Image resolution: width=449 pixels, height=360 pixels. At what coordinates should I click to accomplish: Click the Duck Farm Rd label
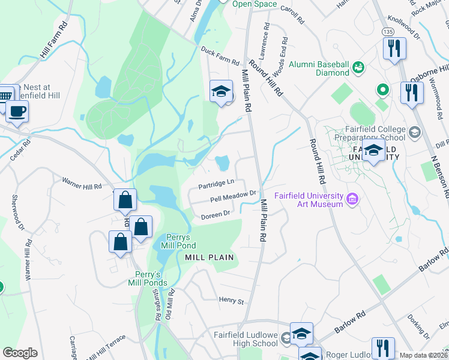pyautogui.click(x=220, y=58)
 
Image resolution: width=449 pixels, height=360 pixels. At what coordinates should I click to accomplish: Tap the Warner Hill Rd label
pyautogui.click(x=82, y=183)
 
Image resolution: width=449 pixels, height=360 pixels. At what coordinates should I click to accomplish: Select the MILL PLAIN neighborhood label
pyautogui.click(x=208, y=257)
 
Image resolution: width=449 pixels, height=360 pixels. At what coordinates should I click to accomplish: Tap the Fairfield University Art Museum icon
pyautogui.click(x=352, y=198)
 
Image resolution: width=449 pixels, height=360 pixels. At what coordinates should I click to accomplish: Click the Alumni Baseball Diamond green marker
pyautogui.click(x=358, y=67)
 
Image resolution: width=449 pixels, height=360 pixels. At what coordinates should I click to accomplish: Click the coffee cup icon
pyautogui.click(x=17, y=111)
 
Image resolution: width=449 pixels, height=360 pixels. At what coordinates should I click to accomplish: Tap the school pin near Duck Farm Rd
pyautogui.click(x=221, y=92)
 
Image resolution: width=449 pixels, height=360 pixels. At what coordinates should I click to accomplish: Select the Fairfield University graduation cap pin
pyautogui.click(x=373, y=151)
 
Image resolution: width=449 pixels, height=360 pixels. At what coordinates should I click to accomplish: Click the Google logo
pyautogui.click(x=20, y=353)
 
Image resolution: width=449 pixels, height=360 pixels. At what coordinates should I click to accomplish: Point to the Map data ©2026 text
pyautogui.click(x=423, y=355)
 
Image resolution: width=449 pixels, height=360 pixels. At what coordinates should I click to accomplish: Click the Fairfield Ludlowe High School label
pyautogui.click(x=246, y=339)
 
